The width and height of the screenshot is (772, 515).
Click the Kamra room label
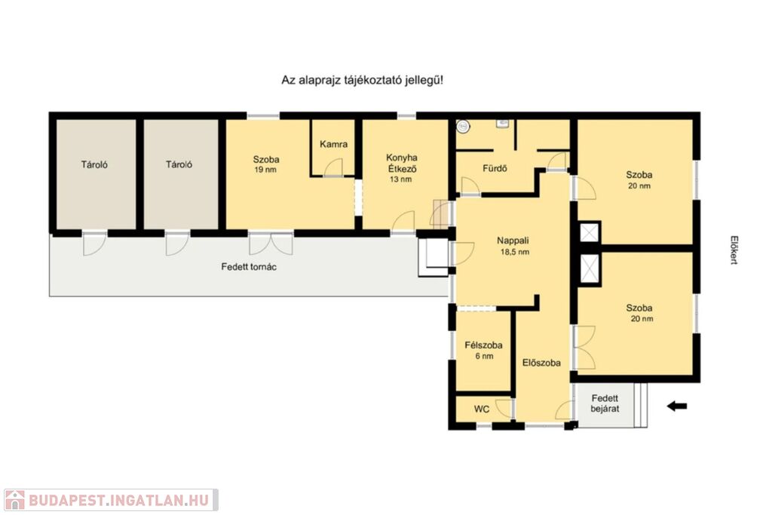[x=333, y=144]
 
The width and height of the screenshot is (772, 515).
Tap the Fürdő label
[x=495, y=168]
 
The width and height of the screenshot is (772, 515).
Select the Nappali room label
[x=513, y=241]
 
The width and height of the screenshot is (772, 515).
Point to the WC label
[x=482, y=409]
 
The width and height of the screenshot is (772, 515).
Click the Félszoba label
[x=483, y=345]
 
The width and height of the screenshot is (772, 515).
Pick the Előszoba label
[x=541, y=363]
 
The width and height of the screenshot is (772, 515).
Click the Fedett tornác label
[x=249, y=267]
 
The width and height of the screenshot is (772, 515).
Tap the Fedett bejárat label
[x=605, y=403]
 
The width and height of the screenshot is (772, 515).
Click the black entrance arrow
[x=677, y=406]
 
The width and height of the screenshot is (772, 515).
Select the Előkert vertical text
[x=734, y=250]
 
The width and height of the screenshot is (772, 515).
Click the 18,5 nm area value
[x=514, y=252]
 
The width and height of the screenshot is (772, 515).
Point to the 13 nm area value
[x=400, y=179]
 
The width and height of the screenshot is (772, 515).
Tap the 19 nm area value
[x=265, y=170]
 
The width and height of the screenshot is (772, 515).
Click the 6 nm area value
[x=484, y=356]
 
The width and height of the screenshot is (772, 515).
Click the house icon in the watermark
[x=15, y=500]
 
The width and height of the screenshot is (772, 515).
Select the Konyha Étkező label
[x=401, y=163]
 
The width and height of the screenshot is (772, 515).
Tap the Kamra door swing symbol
[x=333, y=167]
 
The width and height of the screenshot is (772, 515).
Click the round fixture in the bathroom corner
[x=463, y=127]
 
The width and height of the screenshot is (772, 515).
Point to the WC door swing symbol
[x=504, y=409]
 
